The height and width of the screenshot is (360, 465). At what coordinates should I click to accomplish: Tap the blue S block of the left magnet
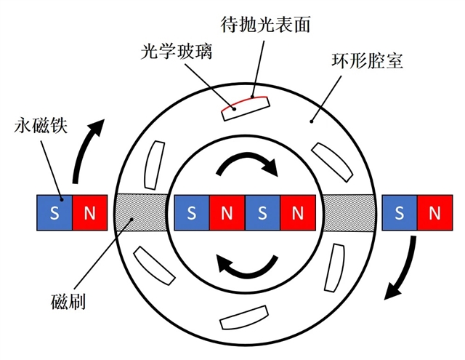click(54, 213)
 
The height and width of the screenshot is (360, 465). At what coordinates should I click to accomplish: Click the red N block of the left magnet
click(91, 213)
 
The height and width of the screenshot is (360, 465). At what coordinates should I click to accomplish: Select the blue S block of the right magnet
click(399, 213)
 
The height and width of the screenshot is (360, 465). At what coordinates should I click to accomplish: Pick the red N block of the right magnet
click(434, 213)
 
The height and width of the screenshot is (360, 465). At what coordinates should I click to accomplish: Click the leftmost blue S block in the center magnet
click(191, 213)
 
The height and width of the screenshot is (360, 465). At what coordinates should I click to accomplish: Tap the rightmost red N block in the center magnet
click(298, 213)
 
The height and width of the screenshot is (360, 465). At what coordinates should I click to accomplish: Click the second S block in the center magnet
click(262, 213)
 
